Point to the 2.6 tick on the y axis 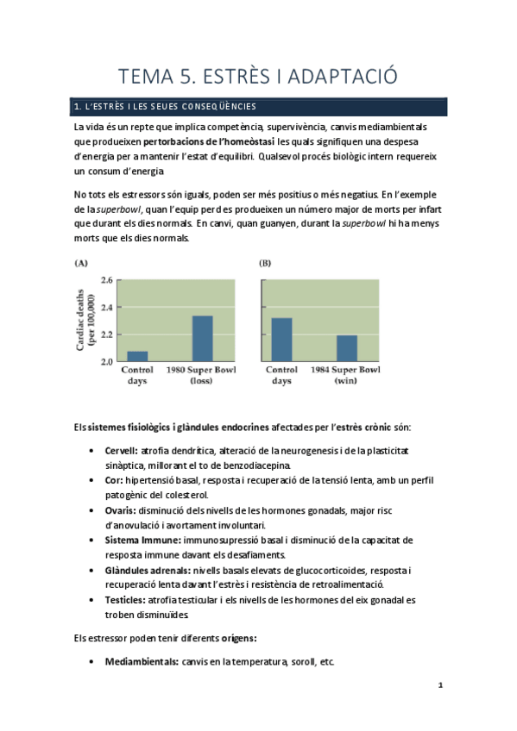click(107, 280)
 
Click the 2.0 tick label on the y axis click(107, 361)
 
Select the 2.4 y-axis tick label click(107, 307)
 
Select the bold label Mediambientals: click(136, 661)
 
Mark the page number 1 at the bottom click(440, 685)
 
